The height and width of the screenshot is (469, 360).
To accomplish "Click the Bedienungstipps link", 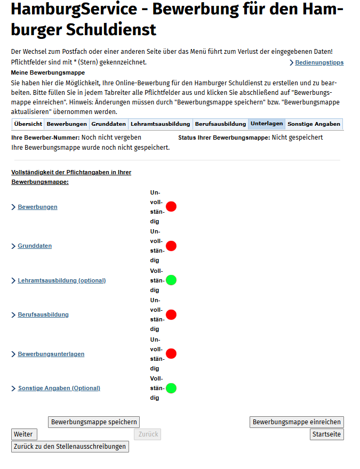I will (x=319, y=63).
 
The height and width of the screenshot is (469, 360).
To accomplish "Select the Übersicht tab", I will (x=28, y=124).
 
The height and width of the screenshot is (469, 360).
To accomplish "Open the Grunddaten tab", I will (x=109, y=124).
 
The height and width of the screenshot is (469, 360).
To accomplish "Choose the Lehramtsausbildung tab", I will (x=161, y=124).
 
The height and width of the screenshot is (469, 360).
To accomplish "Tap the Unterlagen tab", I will (x=267, y=124).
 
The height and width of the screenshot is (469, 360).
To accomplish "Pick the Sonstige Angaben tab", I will (x=314, y=124).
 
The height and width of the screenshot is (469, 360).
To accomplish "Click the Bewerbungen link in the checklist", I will (x=37, y=207).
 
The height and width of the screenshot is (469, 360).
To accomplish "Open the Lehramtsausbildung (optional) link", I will (x=61, y=280).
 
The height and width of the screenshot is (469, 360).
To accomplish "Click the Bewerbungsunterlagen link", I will (x=51, y=354).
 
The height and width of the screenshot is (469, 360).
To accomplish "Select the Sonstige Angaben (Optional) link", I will (x=59, y=388).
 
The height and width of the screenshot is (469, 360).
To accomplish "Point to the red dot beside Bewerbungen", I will (x=171, y=207).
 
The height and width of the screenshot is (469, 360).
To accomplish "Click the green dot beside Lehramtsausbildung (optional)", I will (x=171, y=280).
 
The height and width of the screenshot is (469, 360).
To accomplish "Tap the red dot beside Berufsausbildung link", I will (x=171, y=314).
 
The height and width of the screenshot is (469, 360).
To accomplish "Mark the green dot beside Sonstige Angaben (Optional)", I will (x=171, y=388).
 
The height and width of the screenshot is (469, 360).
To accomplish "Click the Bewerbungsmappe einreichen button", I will (x=297, y=422).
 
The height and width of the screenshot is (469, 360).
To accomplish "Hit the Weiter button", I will (x=23, y=434).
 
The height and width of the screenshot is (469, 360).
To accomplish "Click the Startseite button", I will (x=326, y=434).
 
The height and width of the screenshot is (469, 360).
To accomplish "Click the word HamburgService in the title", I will (x=73, y=10).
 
